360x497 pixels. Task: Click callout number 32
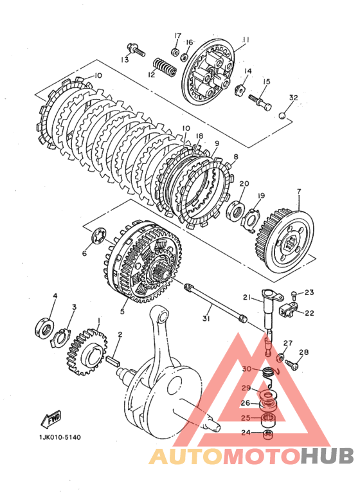293,97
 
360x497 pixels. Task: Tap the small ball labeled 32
282,116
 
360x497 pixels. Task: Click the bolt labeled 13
136,50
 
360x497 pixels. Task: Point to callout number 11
246,40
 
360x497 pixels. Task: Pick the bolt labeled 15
260,102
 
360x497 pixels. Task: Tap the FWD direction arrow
51,420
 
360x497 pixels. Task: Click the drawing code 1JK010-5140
60,437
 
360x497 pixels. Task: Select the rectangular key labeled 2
113,361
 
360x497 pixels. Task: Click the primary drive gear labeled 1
87,352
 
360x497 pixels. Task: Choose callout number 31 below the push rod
206,318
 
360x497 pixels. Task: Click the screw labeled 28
292,364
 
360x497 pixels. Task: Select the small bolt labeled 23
293,295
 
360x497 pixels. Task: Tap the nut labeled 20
235,210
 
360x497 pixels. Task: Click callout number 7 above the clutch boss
299,192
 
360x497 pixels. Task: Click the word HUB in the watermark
327,456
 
